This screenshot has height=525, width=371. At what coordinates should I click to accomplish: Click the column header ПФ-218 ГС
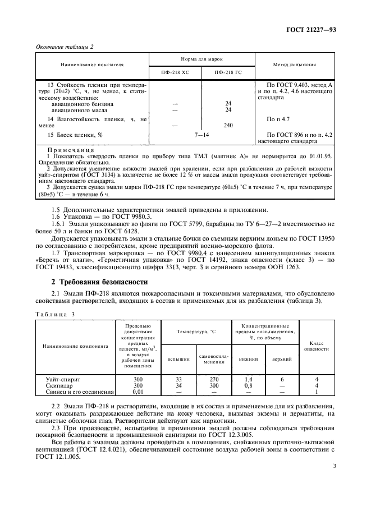tap(227, 72)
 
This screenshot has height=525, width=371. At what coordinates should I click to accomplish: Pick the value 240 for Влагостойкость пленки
tap(228, 126)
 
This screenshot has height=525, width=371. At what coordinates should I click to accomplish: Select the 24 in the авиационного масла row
tap(228, 109)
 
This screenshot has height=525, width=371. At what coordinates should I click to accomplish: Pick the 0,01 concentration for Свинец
tap(138, 392)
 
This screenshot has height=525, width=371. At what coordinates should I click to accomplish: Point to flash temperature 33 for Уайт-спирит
tap(179, 380)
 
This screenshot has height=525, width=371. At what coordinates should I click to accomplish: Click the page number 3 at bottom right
tap(334, 466)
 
